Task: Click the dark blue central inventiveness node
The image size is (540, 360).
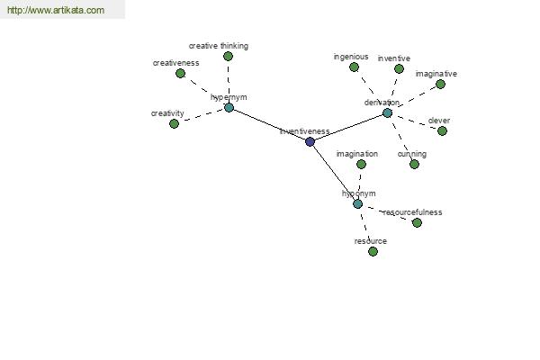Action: pyautogui.click(x=310, y=141)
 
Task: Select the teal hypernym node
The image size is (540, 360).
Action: pyautogui.click(x=229, y=108)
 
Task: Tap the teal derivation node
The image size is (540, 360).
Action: pyautogui.click(x=387, y=113)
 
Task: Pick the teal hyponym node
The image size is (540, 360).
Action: pyautogui.click(x=358, y=204)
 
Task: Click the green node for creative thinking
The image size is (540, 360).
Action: pyautogui.click(x=228, y=56)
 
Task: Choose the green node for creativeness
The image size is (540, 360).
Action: pyautogui.click(x=181, y=74)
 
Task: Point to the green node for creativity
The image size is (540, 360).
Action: pyautogui.click(x=175, y=123)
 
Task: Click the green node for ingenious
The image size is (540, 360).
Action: pyautogui.click(x=354, y=67)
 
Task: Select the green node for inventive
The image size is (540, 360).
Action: pyautogui.click(x=399, y=69)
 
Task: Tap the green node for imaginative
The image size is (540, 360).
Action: pyautogui.click(x=440, y=84)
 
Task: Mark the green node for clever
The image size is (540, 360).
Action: pyautogui.click(x=442, y=130)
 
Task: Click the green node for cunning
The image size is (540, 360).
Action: pyautogui.click(x=414, y=165)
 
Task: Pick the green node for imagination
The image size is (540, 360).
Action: pyautogui.click(x=361, y=165)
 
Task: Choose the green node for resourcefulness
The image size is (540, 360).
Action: pyautogui.click(x=417, y=223)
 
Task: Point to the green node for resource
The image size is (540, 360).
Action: pyautogui.click(x=373, y=251)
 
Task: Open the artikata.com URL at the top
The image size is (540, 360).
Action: pyautogui.click(x=56, y=10)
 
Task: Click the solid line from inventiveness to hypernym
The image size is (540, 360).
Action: pyautogui.click(x=270, y=125)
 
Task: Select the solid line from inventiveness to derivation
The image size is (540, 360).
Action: pyautogui.click(x=348, y=128)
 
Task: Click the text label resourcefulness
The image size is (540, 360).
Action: pyautogui.click(x=412, y=212)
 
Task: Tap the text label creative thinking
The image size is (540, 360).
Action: pyautogui.click(x=219, y=46)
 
